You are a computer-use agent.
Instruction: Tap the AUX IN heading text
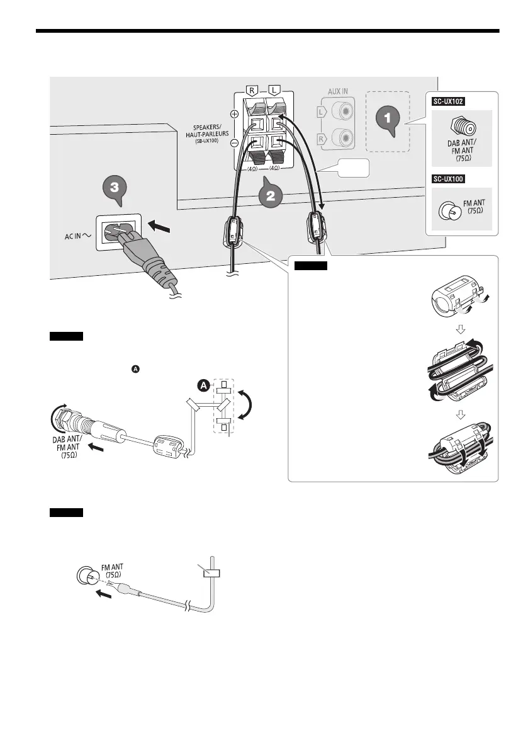pyautogui.click(x=338, y=91)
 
